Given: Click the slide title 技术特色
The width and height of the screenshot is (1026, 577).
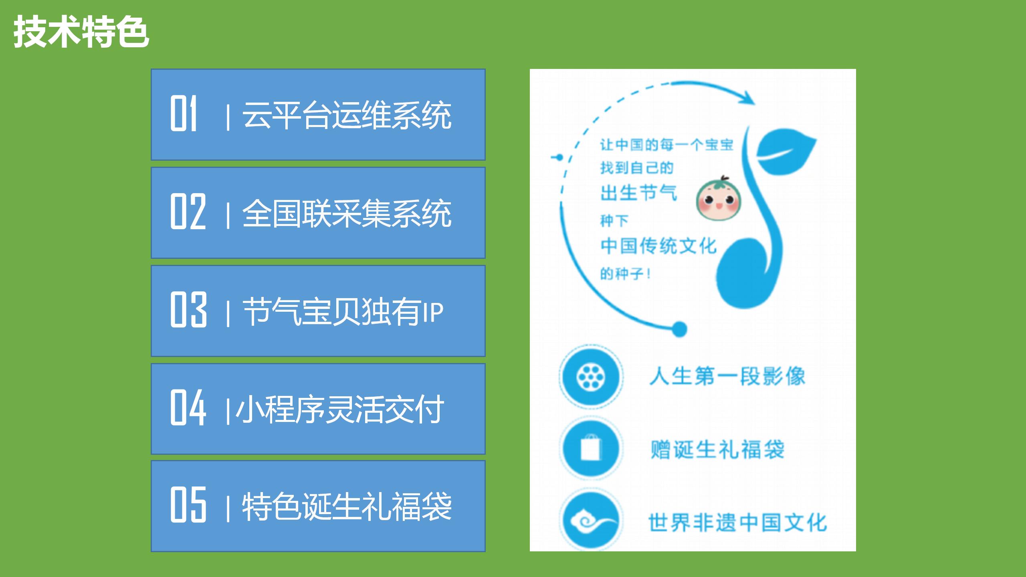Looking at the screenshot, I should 81,32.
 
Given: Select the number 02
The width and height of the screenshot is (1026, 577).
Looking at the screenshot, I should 188,211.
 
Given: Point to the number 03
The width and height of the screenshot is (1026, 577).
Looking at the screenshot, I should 188,309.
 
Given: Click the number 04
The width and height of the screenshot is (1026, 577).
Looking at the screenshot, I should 188,407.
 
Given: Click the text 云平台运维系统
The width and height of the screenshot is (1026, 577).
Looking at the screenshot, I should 347,115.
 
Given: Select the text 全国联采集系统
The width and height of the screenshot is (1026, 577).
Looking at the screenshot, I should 347,213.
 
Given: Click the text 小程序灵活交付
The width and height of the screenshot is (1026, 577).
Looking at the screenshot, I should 340,409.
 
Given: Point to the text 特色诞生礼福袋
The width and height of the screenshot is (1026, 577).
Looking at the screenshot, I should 347,506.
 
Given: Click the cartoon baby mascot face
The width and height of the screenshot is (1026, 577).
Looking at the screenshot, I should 718,199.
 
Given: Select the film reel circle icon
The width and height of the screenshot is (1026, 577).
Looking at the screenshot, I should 591,377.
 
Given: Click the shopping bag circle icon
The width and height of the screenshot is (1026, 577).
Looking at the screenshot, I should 591,448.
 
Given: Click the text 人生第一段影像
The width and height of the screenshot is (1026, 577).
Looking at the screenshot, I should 727,377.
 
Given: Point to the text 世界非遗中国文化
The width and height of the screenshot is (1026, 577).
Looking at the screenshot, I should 737,523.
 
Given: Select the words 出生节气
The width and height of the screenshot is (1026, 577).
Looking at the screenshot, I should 638,193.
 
